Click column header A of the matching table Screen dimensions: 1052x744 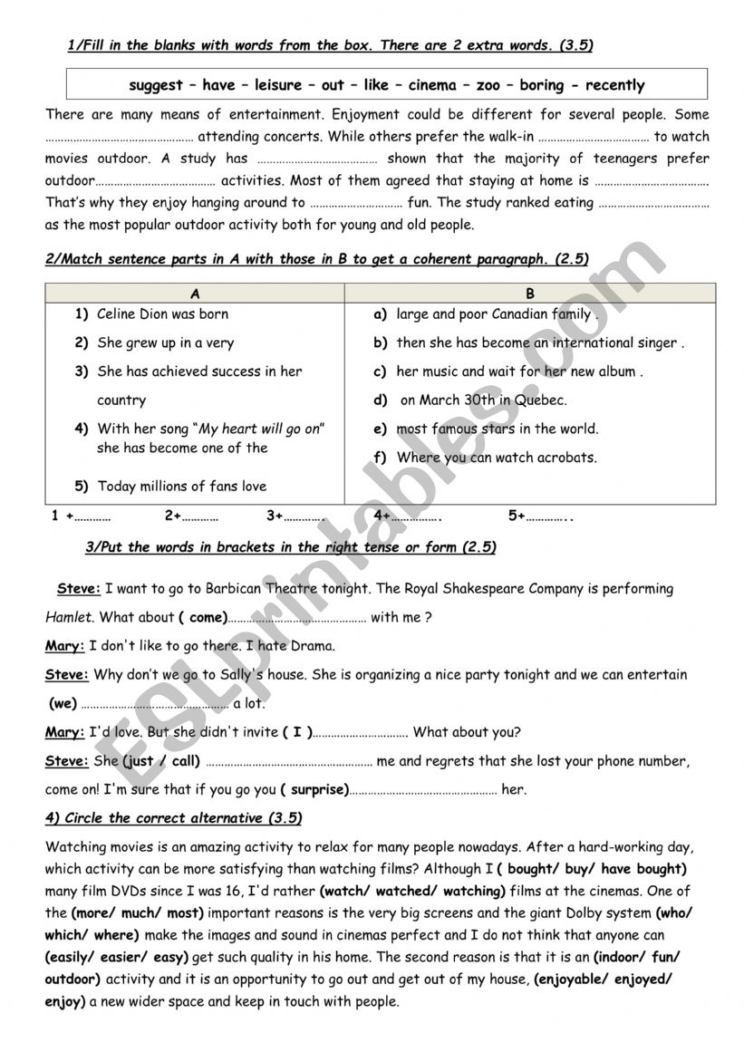pyautogui.click(x=195, y=294)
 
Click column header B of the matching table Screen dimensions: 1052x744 pyautogui.click(x=530, y=294)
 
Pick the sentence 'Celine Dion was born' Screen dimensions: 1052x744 pyautogui.click(x=162, y=314)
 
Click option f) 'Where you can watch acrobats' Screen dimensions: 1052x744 pyautogui.click(x=497, y=458)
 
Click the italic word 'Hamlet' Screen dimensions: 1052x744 pyautogui.click(x=69, y=617)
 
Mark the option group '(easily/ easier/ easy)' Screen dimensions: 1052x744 pyautogui.click(x=116, y=956)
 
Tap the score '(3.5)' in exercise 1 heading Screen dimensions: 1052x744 pyautogui.click(x=575, y=44)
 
